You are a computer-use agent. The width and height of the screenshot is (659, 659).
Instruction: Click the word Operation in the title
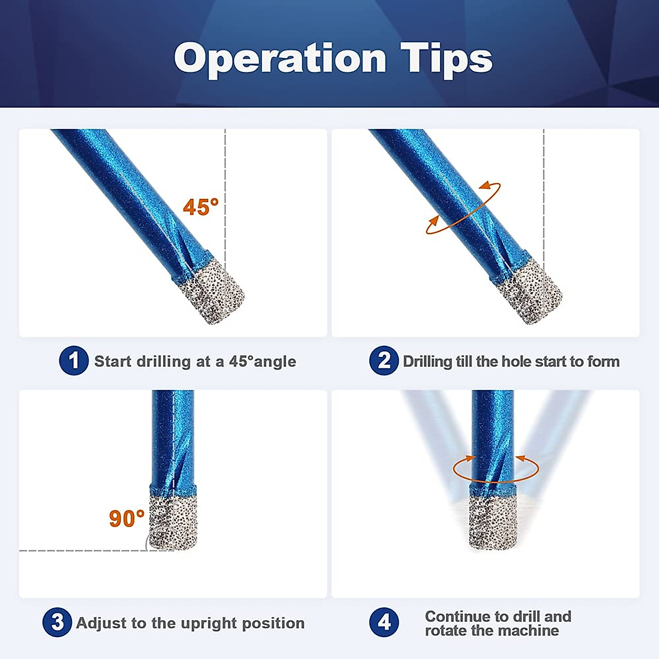(280, 58)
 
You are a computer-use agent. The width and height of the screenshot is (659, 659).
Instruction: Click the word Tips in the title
(446, 58)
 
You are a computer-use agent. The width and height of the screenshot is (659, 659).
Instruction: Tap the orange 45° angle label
(200, 207)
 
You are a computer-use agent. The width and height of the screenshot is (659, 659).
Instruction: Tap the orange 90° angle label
(126, 518)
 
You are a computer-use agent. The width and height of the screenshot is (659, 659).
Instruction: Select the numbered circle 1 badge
(74, 361)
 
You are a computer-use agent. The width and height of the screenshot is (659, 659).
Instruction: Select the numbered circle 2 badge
(383, 361)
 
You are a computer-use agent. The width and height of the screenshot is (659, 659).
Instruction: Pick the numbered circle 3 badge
(57, 622)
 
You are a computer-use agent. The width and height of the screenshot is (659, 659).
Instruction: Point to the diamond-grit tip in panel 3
(173, 519)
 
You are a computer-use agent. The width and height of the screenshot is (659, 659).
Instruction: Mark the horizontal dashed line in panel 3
(82, 550)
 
